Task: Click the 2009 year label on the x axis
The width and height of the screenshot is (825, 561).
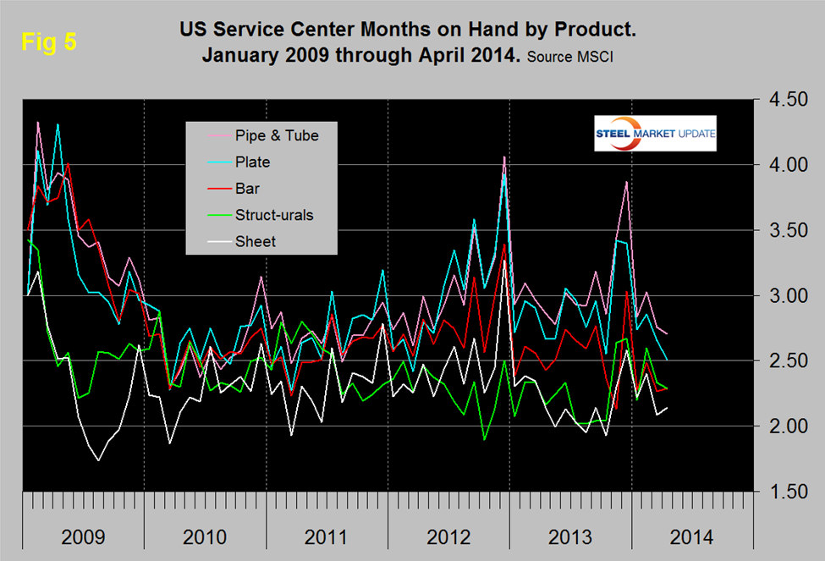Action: (x=83, y=536)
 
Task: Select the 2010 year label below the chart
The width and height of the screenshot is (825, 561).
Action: (x=205, y=536)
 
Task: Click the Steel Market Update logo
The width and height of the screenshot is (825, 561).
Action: (x=655, y=133)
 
